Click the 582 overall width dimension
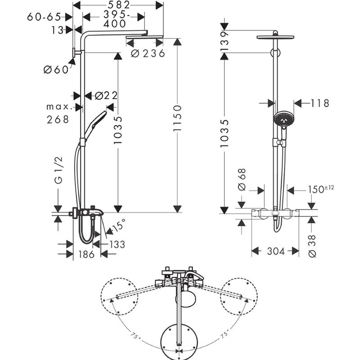(119, 5)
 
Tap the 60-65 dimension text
(44, 17)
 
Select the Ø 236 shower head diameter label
(148, 54)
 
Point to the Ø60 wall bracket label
(56, 69)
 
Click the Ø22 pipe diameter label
(106, 95)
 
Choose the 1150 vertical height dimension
(177, 118)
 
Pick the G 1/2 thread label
(58, 171)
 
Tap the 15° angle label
(120, 225)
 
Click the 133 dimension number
(117, 244)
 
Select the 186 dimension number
(86, 254)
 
